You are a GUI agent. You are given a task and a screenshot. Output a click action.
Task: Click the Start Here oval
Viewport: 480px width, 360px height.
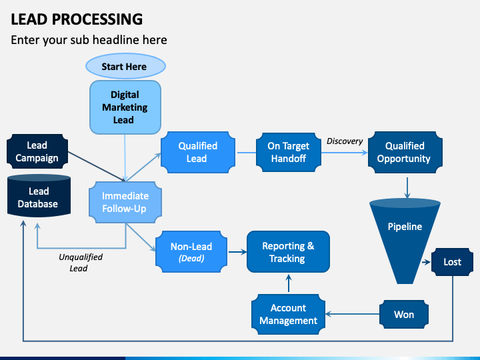click(x=125, y=66)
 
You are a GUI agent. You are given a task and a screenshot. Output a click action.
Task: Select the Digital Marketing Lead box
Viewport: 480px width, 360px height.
click(x=125, y=107)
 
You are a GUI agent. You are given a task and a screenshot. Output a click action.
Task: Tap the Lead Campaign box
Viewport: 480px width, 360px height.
click(x=37, y=151)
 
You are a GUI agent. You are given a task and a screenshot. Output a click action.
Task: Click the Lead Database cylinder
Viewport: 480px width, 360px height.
click(x=39, y=196)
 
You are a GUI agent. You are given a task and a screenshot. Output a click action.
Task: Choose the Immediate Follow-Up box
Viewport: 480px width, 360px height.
click(x=125, y=202)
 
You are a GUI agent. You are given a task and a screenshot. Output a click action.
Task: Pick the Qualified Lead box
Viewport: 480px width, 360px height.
click(x=198, y=152)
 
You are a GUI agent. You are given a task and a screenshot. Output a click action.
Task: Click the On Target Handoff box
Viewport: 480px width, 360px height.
click(x=289, y=152)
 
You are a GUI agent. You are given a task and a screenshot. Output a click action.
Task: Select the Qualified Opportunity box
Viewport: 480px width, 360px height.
click(x=405, y=152)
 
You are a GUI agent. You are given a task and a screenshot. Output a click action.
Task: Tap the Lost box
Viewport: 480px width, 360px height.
click(x=452, y=262)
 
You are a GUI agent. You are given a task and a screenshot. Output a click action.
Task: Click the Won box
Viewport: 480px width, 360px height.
click(x=404, y=315)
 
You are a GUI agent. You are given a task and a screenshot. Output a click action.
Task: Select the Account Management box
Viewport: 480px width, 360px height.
click(x=289, y=314)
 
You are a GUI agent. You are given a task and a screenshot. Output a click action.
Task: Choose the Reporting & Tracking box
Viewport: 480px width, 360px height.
click(x=288, y=251)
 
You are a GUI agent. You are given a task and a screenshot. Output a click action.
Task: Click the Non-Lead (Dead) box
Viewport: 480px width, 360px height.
click(x=191, y=251)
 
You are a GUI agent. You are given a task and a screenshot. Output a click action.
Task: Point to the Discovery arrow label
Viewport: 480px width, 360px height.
click(x=345, y=141)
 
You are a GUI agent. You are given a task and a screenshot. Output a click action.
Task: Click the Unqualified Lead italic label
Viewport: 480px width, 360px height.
click(x=80, y=263)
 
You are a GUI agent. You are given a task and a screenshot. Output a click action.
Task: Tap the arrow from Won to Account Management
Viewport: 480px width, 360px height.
click(x=353, y=314)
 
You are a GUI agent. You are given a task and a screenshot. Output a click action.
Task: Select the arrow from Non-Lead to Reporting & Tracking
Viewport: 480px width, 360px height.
click(x=237, y=252)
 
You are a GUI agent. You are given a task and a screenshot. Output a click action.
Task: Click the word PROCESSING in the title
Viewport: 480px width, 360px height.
click(x=97, y=19)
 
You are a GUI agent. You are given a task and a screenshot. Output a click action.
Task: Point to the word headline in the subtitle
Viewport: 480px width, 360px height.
click(x=115, y=40)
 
